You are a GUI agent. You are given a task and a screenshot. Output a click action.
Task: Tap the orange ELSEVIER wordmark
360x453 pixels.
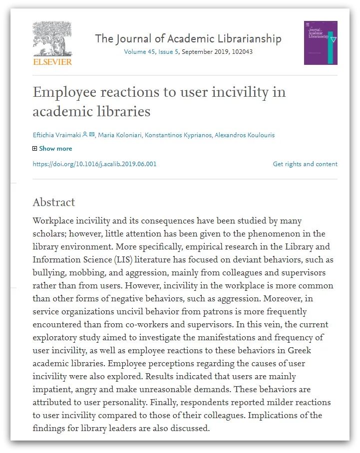point(52,62)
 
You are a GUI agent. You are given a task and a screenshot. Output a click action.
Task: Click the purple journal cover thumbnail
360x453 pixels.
point(321,43)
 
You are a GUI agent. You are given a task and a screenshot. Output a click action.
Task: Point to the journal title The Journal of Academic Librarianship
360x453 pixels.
point(188,38)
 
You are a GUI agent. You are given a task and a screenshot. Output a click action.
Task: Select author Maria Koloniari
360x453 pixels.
point(119,135)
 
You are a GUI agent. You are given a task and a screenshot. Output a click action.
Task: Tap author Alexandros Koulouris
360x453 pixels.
point(245,135)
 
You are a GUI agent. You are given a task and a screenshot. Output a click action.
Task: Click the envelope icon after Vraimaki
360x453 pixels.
point(92,135)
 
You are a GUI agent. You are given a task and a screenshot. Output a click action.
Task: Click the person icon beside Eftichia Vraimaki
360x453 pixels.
point(85,135)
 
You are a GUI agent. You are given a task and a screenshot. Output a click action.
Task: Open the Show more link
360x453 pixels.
point(55,149)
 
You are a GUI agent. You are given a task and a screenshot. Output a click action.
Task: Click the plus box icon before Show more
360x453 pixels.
point(35,149)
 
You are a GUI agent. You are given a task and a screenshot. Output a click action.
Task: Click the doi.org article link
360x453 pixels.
point(94,164)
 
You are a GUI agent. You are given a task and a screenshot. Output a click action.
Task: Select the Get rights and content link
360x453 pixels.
point(305,164)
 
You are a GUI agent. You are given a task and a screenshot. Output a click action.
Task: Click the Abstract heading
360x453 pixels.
point(54,202)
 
